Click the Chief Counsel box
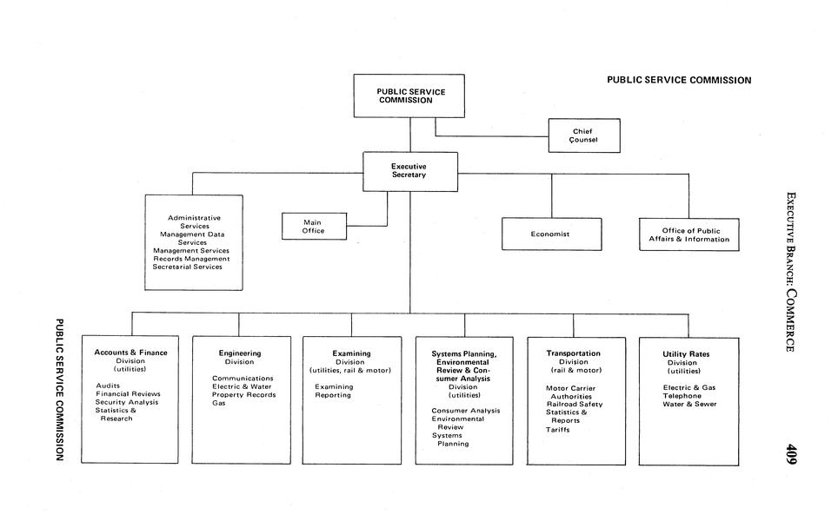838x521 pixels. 583,135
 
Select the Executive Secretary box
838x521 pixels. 409,171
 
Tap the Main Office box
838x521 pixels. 313,226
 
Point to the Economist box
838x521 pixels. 551,234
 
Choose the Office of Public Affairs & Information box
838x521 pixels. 688,234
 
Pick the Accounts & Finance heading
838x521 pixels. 130,353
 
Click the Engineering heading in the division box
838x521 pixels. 240,353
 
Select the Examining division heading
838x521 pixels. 351,353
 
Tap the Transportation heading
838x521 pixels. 573,353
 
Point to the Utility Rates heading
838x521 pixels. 686,354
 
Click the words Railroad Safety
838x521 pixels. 574,404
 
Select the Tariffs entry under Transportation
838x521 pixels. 558,429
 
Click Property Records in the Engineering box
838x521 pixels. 244,395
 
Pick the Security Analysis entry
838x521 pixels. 127,402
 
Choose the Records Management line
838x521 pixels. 191,259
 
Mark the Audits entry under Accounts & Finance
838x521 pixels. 108,386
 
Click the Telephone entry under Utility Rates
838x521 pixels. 682,395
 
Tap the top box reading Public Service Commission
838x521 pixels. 409,96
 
